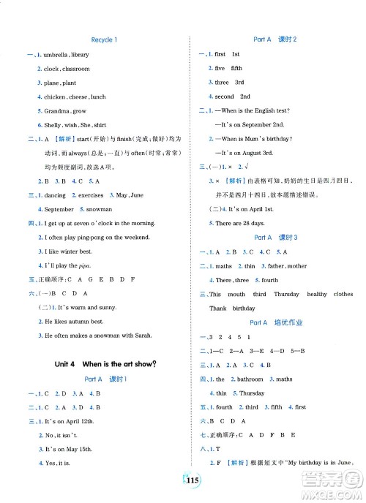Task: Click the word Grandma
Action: (56, 110)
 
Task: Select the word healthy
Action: (317, 294)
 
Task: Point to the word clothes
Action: (343, 294)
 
